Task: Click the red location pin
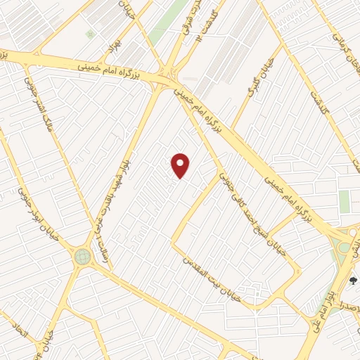point(181,165)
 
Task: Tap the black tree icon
point(353,280)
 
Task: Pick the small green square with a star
point(89,34)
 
